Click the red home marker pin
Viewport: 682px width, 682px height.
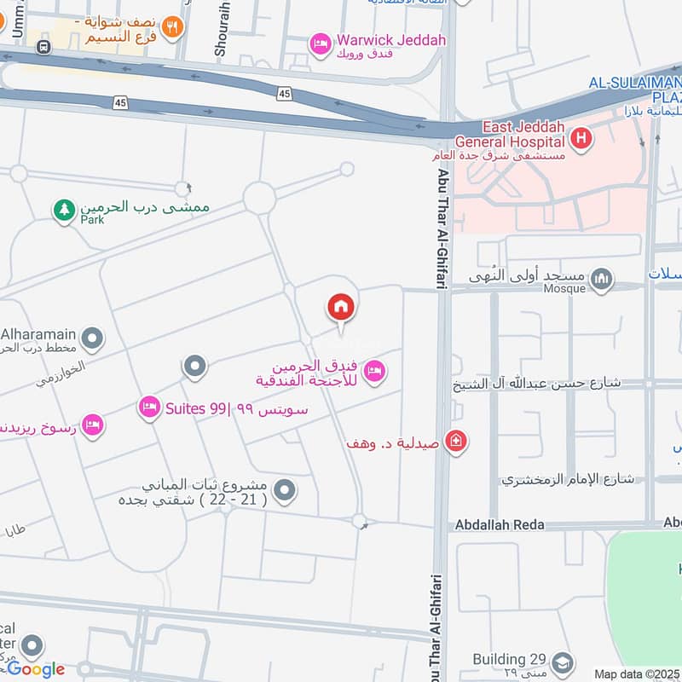[341, 308]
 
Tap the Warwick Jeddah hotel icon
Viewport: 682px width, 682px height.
[321, 43]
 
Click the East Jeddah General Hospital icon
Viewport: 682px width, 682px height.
[581, 137]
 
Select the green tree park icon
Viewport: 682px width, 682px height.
[64, 210]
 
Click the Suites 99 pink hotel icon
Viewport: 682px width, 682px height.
[150, 407]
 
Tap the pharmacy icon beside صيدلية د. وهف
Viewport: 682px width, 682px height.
[456, 442]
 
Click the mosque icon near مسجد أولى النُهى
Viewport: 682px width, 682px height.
[602, 279]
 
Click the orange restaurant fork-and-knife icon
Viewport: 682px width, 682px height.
[173, 27]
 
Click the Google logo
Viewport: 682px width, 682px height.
[36, 669]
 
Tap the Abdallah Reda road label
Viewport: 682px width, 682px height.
[500, 525]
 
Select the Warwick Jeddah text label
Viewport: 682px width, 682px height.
[391, 40]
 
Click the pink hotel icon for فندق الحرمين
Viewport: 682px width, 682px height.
[373, 371]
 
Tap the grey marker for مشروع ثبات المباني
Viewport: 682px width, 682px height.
[286, 490]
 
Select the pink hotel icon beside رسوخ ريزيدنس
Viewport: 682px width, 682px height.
[92, 424]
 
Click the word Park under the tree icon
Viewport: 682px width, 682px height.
[91, 219]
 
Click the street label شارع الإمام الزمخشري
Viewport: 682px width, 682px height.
[568, 478]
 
